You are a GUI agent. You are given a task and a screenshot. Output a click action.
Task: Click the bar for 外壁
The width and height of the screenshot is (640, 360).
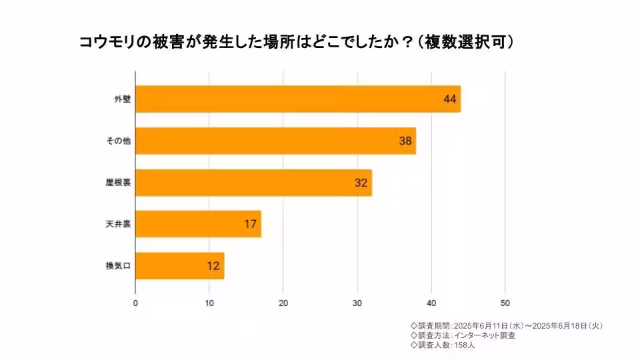[x=298, y=99]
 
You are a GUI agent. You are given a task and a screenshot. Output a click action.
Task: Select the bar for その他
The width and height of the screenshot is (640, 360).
[x=275, y=141]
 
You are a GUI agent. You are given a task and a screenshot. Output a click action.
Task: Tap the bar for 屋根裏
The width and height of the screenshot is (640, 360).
[x=253, y=183]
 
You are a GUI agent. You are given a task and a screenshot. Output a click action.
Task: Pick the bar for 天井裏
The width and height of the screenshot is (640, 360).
[x=198, y=224]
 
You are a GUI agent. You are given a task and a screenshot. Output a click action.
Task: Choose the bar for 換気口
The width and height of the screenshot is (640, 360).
[x=179, y=266]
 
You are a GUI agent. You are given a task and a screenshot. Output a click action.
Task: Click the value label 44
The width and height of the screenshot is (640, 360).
[x=449, y=99]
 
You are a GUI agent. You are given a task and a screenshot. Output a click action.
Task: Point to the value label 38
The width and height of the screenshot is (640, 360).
[x=405, y=141]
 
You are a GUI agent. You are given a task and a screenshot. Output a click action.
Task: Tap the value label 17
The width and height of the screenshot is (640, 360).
[x=250, y=224]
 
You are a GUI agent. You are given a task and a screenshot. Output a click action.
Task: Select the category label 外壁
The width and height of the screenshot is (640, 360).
[x=121, y=99]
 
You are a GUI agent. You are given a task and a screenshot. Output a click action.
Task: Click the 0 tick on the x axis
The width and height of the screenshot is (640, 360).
[x=135, y=303]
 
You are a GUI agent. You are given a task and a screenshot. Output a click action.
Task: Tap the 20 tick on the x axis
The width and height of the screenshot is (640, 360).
[x=283, y=303]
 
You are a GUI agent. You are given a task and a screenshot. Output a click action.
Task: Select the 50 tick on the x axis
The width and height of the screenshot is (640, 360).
[x=505, y=303]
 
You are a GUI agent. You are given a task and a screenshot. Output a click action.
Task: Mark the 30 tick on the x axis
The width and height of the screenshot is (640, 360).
[x=357, y=303]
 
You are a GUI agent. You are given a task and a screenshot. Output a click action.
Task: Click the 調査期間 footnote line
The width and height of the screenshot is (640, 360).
[x=507, y=326]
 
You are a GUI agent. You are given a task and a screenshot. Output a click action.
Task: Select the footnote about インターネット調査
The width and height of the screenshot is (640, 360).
[x=463, y=335]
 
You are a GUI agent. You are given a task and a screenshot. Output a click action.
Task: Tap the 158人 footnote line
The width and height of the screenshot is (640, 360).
[x=443, y=345]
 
